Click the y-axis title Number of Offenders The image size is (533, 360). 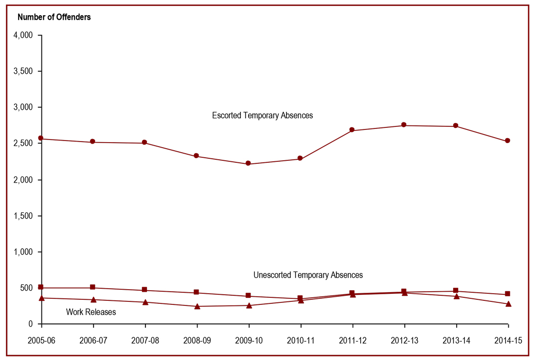54,17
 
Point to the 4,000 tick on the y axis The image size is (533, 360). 23,35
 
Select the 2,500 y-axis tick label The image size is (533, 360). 23,144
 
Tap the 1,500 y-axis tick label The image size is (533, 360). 23,216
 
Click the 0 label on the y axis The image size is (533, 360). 30,324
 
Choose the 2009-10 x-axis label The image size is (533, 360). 249,341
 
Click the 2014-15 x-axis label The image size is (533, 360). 508,341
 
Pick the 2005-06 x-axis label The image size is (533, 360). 41,341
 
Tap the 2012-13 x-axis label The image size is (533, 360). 404,341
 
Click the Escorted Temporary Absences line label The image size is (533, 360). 262,116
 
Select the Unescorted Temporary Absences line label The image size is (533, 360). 308,275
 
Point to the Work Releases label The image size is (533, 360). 91,312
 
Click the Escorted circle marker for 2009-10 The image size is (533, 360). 248,163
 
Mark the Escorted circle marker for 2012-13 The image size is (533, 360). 404,125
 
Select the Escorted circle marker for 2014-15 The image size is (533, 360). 508,141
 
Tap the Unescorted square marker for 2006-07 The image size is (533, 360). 92,287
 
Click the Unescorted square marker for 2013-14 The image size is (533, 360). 456,291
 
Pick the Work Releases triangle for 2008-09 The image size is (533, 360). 197,306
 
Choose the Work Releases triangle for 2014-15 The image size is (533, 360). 508,304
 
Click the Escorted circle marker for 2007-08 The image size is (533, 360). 144,143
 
